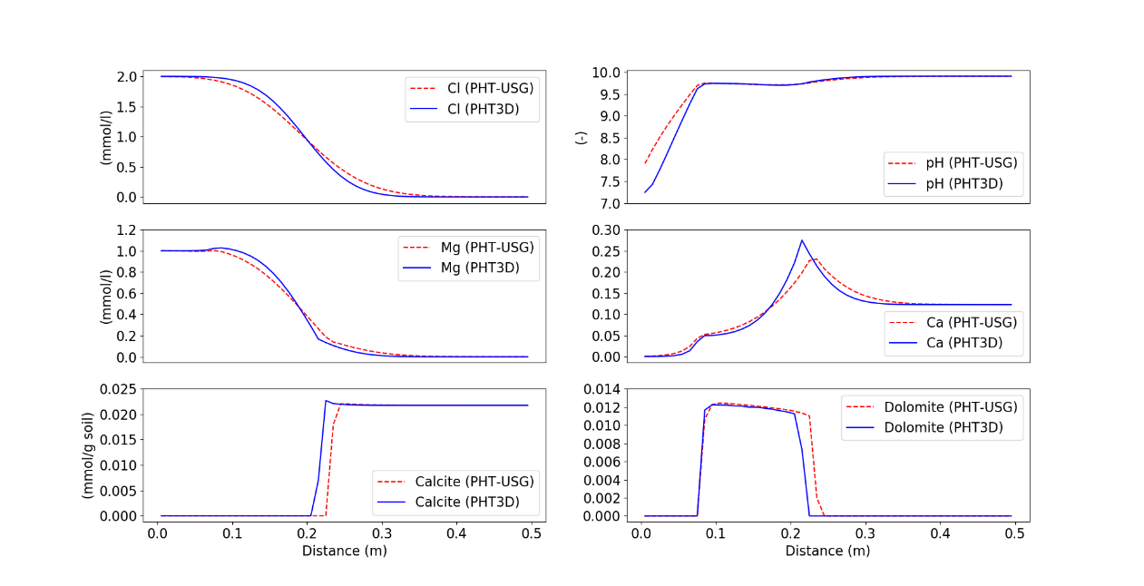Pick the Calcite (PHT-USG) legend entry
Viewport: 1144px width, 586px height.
pyautogui.click(x=463, y=482)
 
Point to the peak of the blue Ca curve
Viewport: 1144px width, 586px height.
pyautogui.click(x=802, y=240)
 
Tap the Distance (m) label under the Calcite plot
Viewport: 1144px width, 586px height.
pyautogui.click(x=344, y=551)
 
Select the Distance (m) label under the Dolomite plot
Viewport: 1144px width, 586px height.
pyautogui.click(x=827, y=551)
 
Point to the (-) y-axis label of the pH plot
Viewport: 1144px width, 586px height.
pyautogui.click(x=582, y=137)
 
